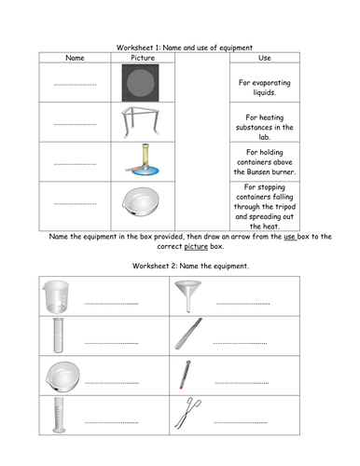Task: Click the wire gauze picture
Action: click(140, 83)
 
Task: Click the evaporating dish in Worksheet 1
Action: click(141, 202)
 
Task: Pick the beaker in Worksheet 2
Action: click(56, 296)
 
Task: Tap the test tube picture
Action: click(58, 336)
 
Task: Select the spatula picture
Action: click(188, 334)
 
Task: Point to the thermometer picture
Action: click(185, 375)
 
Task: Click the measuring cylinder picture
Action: click(59, 415)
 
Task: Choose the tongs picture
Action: click(187, 413)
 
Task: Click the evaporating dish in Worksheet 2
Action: click(62, 377)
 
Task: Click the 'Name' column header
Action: click(75, 58)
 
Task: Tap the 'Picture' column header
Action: click(143, 58)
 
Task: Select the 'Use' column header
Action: click(265, 58)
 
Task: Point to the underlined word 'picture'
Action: click(196, 246)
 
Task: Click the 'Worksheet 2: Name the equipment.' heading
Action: click(190, 266)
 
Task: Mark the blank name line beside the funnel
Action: click(242, 304)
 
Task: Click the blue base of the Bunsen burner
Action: click(145, 171)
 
